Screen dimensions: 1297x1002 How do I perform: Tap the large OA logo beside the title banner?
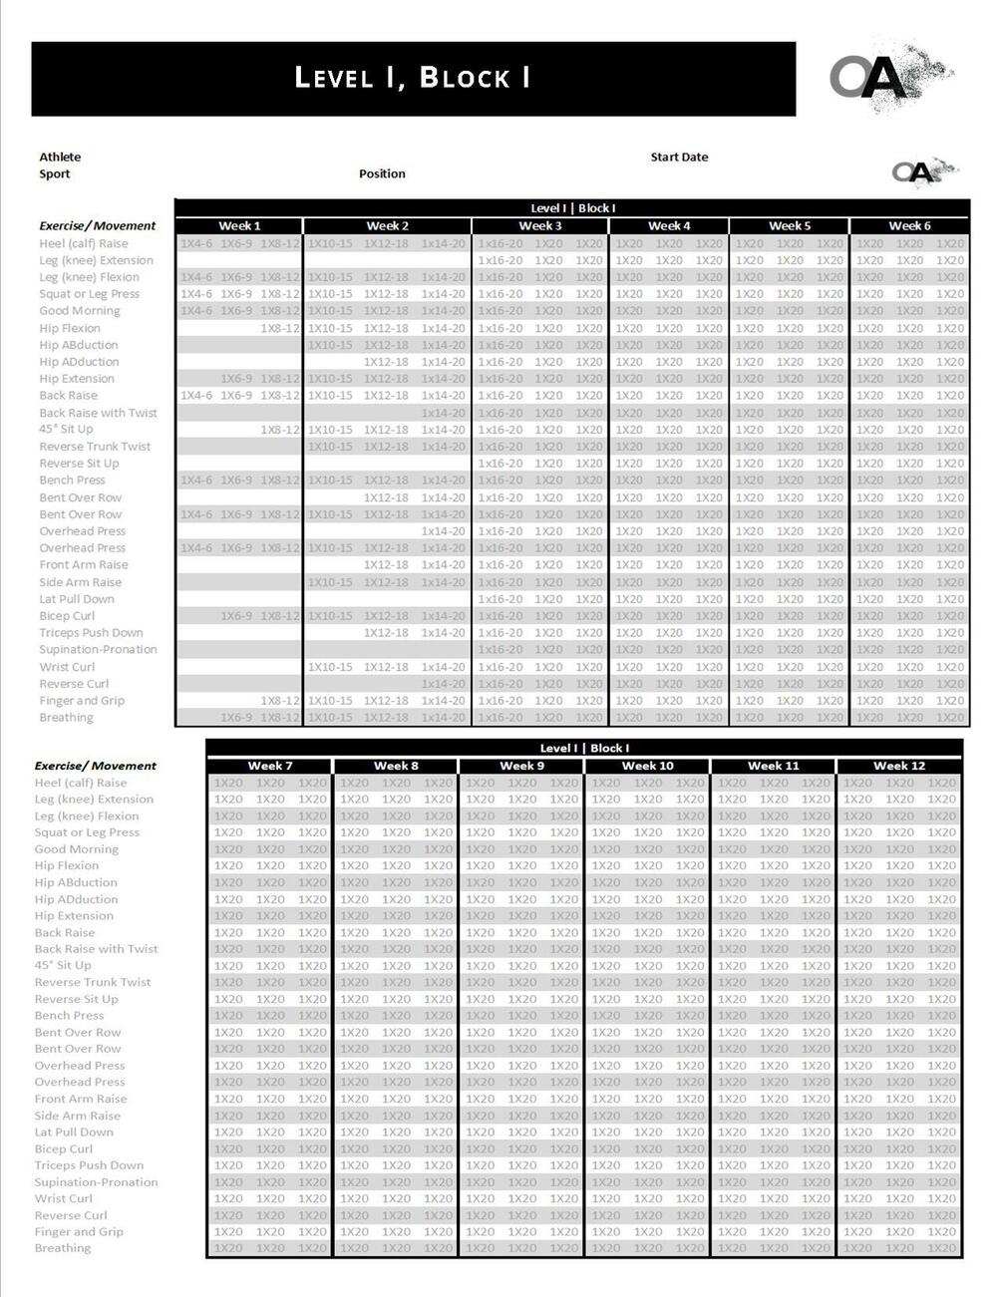(x=877, y=77)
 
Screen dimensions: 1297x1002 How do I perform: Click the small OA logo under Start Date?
(x=922, y=171)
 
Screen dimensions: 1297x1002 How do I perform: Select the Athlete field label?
(x=60, y=157)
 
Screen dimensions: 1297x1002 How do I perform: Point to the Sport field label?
(x=55, y=173)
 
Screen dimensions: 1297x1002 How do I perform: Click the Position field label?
(x=382, y=173)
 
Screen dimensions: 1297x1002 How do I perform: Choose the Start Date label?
(x=679, y=157)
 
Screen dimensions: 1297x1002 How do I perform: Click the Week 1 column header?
(x=239, y=226)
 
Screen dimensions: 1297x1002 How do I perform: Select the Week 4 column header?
(x=669, y=226)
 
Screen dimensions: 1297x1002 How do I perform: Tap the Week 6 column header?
(x=909, y=226)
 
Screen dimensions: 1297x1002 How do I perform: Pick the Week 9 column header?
(x=521, y=766)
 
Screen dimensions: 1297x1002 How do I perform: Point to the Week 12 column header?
(x=899, y=766)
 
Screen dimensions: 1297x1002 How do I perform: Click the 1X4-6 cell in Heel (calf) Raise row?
(x=196, y=243)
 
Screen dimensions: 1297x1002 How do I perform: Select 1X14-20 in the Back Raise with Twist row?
(x=443, y=413)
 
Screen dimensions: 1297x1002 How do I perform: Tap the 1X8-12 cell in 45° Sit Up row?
(x=280, y=430)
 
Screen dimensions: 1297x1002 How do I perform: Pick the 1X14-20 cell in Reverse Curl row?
(x=443, y=684)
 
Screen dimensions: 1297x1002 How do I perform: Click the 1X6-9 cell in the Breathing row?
(x=236, y=718)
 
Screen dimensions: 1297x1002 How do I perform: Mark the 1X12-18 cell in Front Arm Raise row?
(x=386, y=565)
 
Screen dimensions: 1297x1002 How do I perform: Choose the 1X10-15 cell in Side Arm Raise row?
(x=330, y=582)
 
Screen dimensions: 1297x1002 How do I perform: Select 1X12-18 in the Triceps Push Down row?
(x=386, y=633)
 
